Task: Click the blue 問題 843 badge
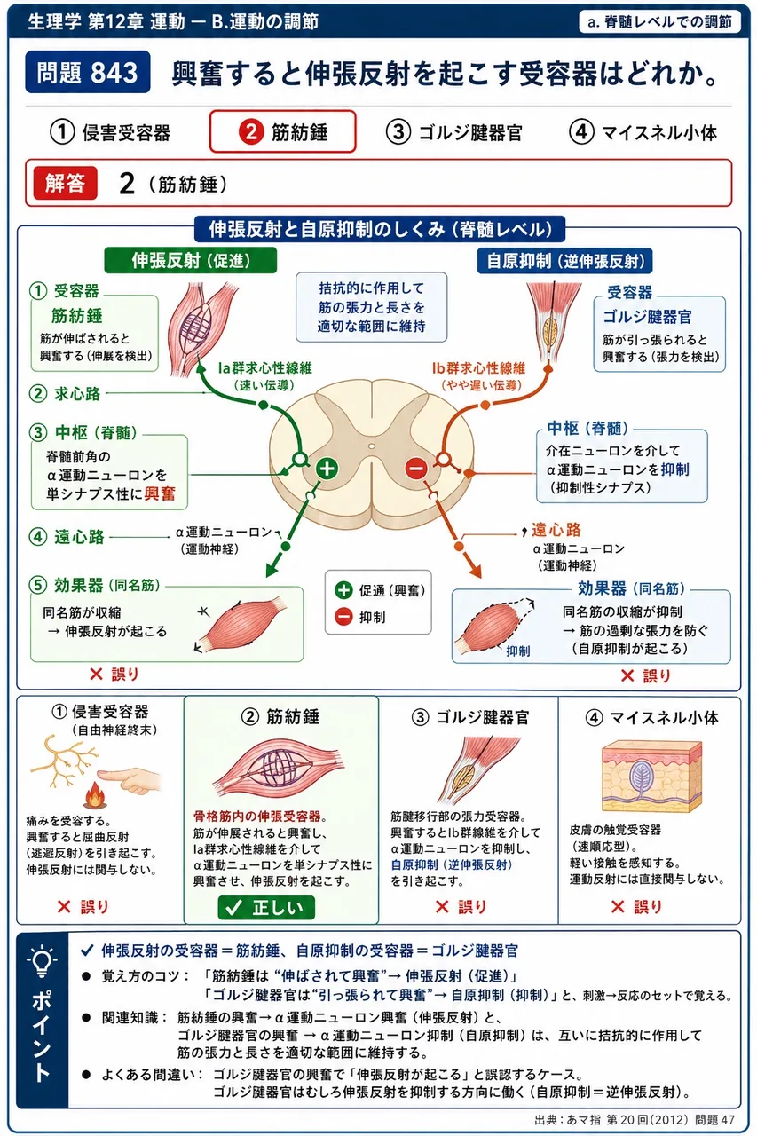(88, 72)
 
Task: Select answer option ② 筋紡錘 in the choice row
(282, 132)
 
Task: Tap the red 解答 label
(65, 183)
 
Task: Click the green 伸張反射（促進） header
(191, 261)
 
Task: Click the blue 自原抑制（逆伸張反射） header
(564, 261)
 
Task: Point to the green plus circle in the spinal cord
(327, 469)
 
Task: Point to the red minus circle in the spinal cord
(416, 468)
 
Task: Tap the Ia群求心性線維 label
(264, 367)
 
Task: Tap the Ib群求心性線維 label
(478, 367)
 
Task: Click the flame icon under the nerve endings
(93, 795)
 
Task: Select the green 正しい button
(266, 907)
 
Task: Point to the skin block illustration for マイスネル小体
(651, 776)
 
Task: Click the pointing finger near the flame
(130, 779)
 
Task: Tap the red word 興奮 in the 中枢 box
(160, 493)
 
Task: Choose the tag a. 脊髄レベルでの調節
(659, 22)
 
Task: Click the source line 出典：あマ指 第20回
(635, 1120)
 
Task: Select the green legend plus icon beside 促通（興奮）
(343, 590)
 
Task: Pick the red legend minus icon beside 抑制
(343, 617)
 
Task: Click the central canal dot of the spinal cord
(372, 446)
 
